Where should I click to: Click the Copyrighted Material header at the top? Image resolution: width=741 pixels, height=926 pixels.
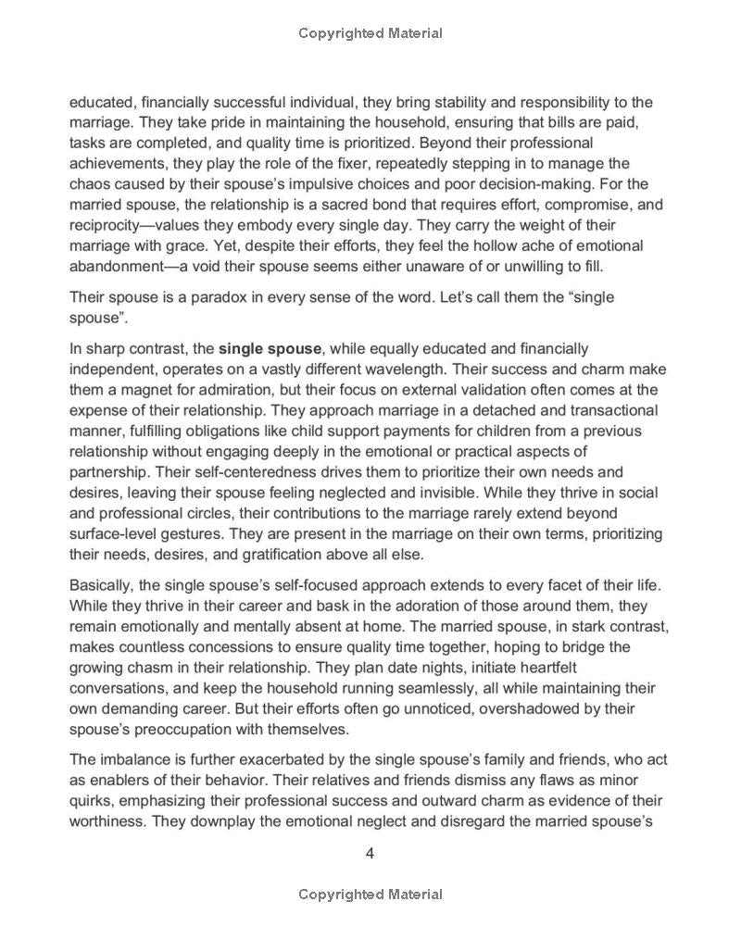370,33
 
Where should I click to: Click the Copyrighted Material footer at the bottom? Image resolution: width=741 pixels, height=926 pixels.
370,895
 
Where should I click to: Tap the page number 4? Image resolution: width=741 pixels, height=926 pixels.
370,854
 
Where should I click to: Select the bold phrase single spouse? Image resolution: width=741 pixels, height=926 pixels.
270,349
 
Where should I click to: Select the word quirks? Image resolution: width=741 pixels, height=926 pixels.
94,801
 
